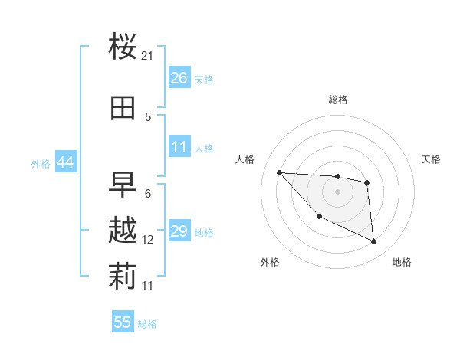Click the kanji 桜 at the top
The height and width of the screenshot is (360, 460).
click(x=123, y=47)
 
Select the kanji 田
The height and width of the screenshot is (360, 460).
click(x=123, y=108)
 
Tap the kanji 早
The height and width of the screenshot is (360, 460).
click(x=123, y=184)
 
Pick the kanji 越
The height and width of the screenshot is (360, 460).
click(x=123, y=231)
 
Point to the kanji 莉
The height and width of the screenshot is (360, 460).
click(x=123, y=277)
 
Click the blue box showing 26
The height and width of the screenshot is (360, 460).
click(x=179, y=78)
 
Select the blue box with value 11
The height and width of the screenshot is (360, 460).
click(x=179, y=147)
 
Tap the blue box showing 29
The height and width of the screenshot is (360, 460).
click(x=179, y=231)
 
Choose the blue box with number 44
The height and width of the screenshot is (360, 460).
click(x=66, y=162)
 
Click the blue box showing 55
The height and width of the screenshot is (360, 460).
click(x=123, y=322)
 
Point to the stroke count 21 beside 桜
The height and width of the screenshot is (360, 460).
click(x=148, y=56)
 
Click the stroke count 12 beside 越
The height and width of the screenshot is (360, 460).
click(x=148, y=240)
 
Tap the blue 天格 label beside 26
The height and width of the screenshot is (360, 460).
click(x=204, y=80)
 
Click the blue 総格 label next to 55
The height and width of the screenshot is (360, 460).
click(x=147, y=324)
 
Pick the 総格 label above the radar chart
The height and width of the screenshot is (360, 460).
click(x=337, y=100)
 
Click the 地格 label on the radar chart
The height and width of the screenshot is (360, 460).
click(x=402, y=262)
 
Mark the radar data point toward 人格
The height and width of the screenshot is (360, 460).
click(x=279, y=172)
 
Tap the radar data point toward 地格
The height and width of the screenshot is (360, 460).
click(x=374, y=242)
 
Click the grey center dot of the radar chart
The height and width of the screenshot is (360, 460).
click(x=337, y=191)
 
